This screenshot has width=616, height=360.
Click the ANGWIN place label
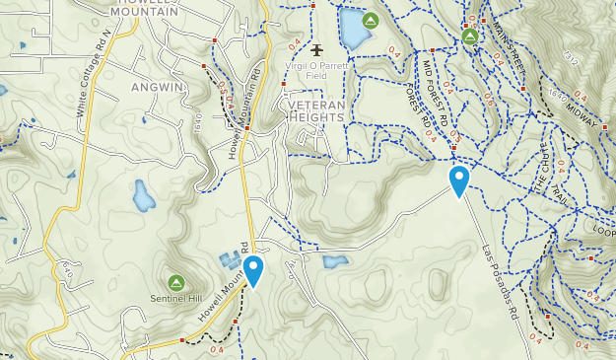tap(158, 87)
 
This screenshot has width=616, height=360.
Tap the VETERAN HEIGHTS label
tap(316, 110)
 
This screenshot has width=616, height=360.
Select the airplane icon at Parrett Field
tap(316, 49)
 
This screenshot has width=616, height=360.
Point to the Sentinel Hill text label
tap(176, 297)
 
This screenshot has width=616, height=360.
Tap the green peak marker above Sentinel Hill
tap(176, 282)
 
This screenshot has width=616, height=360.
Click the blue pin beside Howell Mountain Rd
tap(253, 270)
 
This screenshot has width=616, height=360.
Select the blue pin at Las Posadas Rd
tap(458, 180)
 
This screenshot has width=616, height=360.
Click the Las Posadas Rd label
tap(501, 287)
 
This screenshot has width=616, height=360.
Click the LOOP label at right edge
tap(603, 229)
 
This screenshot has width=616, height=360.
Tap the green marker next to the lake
tap(372, 21)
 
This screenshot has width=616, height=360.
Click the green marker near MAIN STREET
tap(470, 37)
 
